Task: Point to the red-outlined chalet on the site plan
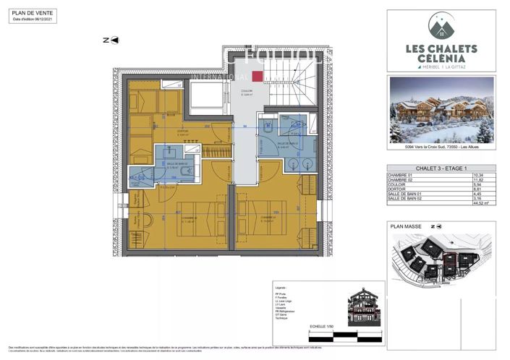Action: (x=450, y=259)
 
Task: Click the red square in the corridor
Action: (x=257, y=74)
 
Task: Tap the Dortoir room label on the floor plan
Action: (x=184, y=132)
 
